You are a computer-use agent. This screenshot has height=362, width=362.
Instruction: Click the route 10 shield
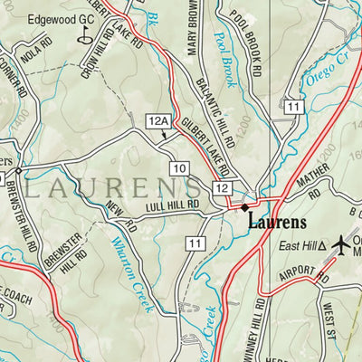click(x=179, y=167)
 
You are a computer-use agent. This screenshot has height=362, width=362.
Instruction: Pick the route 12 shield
click(x=222, y=187)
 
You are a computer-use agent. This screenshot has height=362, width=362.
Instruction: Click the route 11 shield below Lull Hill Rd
click(x=194, y=243)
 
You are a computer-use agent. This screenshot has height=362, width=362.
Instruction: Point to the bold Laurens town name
click(x=277, y=221)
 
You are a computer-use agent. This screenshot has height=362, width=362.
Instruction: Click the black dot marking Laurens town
click(x=243, y=207)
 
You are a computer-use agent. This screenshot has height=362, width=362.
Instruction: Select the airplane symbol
click(x=341, y=243)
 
